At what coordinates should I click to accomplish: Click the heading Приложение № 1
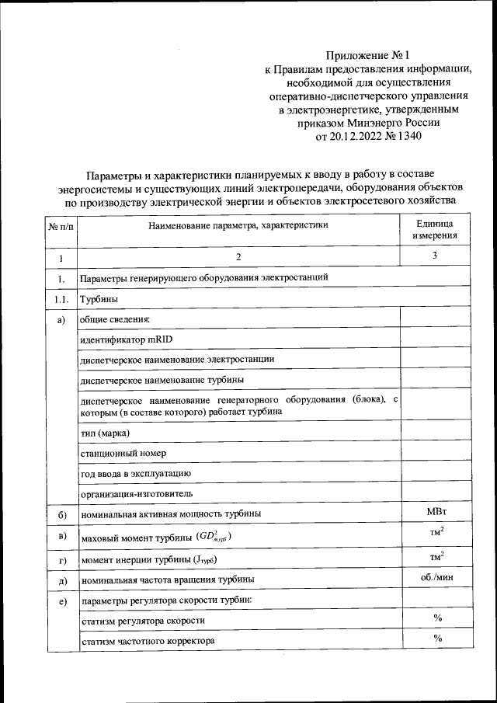(367, 55)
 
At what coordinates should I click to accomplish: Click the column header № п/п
(61, 226)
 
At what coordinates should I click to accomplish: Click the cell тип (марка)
(105, 432)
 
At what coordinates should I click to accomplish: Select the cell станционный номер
(123, 452)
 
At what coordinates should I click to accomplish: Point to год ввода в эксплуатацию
(137, 472)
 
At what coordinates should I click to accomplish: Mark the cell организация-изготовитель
(137, 493)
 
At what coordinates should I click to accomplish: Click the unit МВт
(436, 512)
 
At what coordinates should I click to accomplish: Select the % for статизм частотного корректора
(437, 639)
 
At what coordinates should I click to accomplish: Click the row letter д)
(61, 580)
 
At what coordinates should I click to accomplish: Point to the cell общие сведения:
(114, 318)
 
